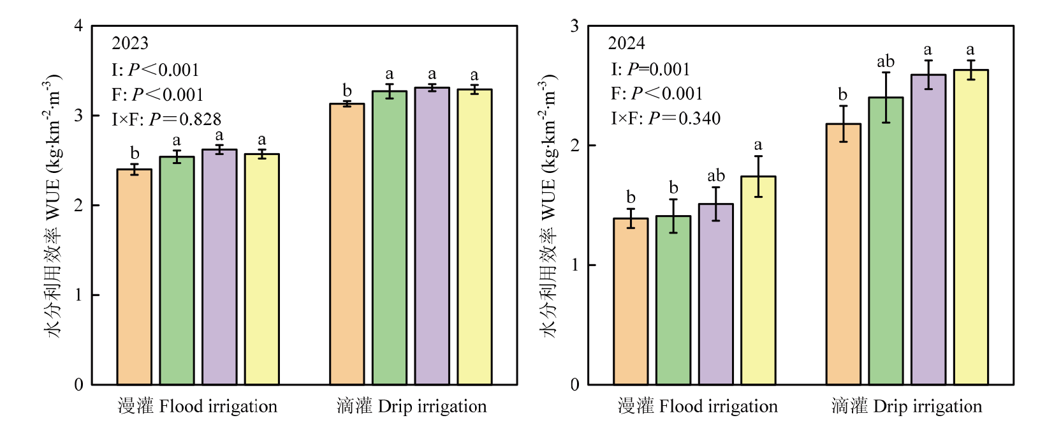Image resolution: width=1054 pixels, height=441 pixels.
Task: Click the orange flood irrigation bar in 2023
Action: pyautogui.click(x=135, y=278)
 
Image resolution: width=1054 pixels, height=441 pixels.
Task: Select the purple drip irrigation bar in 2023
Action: pyautogui.click(x=432, y=236)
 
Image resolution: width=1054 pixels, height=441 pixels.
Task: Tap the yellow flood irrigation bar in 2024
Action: pyautogui.click(x=758, y=281)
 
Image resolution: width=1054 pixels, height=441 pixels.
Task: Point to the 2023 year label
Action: pyautogui.click(x=130, y=43)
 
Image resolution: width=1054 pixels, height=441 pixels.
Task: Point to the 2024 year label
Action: pyautogui.click(x=626, y=43)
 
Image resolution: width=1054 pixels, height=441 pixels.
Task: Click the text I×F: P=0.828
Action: pyautogui.click(x=166, y=119)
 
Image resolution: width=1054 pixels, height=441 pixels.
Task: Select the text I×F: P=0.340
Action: pyautogui.click(x=666, y=119)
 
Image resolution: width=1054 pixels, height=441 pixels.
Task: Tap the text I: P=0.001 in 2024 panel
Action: pyautogui.click(x=650, y=69)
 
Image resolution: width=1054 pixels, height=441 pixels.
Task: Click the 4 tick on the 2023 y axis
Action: pyautogui.click(x=78, y=26)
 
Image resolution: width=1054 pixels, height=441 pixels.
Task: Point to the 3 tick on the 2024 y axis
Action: pyautogui.click(x=575, y=26)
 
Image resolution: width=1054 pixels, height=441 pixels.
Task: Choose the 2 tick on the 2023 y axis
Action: pyautogui.click(x=78, y=206)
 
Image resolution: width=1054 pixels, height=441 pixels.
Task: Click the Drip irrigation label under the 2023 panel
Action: pyautogui.click(x=411, y=407)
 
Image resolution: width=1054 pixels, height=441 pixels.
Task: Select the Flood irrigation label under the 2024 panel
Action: pyautogui.click(x=698, y=407)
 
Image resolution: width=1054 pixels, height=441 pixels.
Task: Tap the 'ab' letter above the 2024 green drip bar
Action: pyautogui.click(x=886, y=62)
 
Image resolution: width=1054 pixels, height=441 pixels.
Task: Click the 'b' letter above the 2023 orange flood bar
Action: pyautogui.click(x=135, y=153)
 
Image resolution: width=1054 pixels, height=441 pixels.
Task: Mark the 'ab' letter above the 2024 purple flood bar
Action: pyautogui.click(x=716, y=176)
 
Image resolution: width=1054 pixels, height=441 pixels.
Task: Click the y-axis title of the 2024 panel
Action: pyautogui.click(x=549, y=204)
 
